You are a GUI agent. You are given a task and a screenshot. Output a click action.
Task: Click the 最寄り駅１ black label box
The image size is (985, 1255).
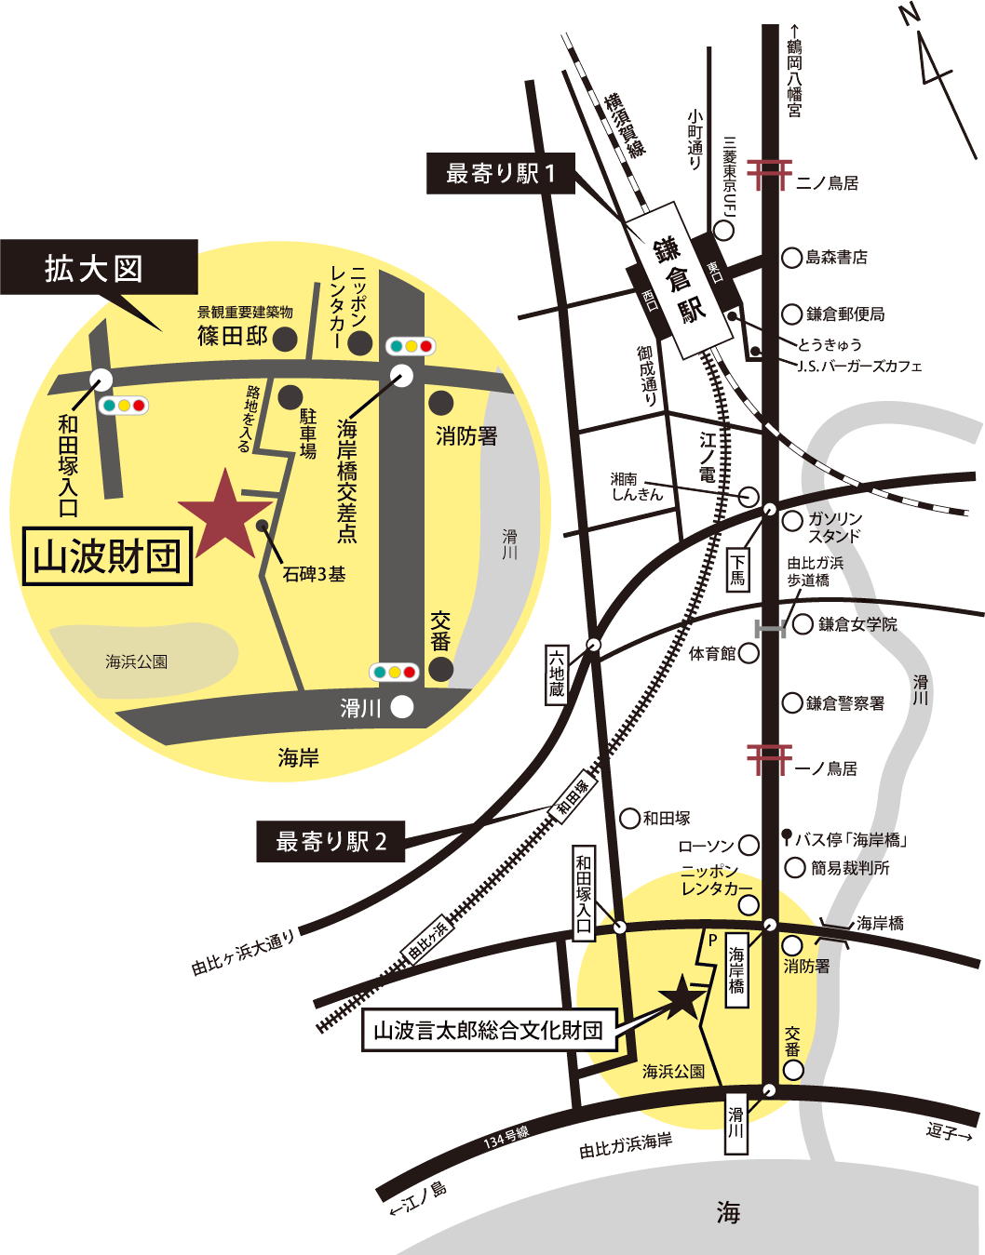pos(500,174)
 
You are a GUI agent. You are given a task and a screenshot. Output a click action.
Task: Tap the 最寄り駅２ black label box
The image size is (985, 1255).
pos(331,842)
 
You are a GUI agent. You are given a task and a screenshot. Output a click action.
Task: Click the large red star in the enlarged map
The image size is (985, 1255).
pos(224,517)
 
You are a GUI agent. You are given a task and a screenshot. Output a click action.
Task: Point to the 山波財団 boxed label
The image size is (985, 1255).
pos(107,556)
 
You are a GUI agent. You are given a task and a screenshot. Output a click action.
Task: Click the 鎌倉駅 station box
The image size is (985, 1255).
pos(679,279)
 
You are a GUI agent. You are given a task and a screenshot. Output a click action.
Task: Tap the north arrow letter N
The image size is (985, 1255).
pos(910,16)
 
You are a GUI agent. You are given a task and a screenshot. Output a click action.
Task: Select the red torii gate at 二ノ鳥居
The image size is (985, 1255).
pos(769,174)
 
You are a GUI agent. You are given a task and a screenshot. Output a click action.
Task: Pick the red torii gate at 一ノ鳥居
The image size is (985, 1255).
pos(769,758)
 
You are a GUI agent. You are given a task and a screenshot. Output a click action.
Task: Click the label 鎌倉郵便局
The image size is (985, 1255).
pos(845,314)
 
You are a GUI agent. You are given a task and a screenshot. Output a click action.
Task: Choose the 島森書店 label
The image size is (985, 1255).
pos(836,257)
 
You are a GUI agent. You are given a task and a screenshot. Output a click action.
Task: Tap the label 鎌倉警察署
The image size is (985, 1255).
pos(845,702)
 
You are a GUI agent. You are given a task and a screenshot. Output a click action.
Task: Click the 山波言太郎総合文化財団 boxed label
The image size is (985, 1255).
pos(489,1030)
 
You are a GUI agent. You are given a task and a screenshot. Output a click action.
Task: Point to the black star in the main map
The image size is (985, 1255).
pos(682,997)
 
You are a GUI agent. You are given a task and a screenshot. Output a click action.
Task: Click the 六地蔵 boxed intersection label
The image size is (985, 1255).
pos(556,674)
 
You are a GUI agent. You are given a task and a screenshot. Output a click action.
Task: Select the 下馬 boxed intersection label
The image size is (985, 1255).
pos(737,568)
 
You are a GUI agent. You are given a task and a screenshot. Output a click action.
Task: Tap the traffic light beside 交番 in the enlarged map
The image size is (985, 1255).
pos(394,672)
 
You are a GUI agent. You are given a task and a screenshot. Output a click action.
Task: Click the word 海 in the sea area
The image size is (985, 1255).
pos(729,1212)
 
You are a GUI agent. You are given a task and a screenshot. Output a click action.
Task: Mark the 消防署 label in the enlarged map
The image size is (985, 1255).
pos(466,435)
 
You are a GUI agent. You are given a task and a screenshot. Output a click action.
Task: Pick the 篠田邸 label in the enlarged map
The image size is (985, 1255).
pos(233,336)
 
